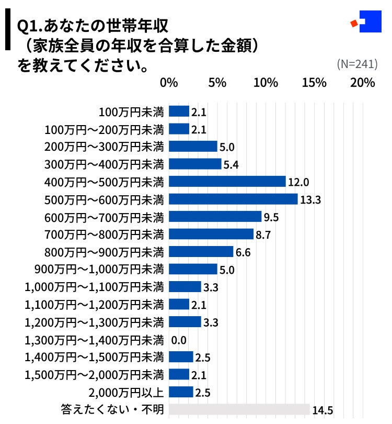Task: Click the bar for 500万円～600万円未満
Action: click(234, 199)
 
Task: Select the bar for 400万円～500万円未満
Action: click(227, 182)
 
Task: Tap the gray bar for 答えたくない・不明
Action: click(239, 409)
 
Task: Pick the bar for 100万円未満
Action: click(179, 111)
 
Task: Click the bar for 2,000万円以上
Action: click(181, 392)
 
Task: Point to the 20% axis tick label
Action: click(363, 83)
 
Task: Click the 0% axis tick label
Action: click(169, 83)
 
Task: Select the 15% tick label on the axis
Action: click(314, 83)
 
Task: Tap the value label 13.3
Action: click(310, 200)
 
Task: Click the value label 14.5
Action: click(322, 410)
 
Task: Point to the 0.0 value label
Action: click(179, 340)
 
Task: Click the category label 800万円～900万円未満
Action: click(105, 252)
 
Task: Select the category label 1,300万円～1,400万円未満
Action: click(95, 340)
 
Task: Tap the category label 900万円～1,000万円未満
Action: click(99, 270)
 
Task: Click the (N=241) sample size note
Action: click(357, 64)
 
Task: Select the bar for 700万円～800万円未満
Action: click(211, 234)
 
